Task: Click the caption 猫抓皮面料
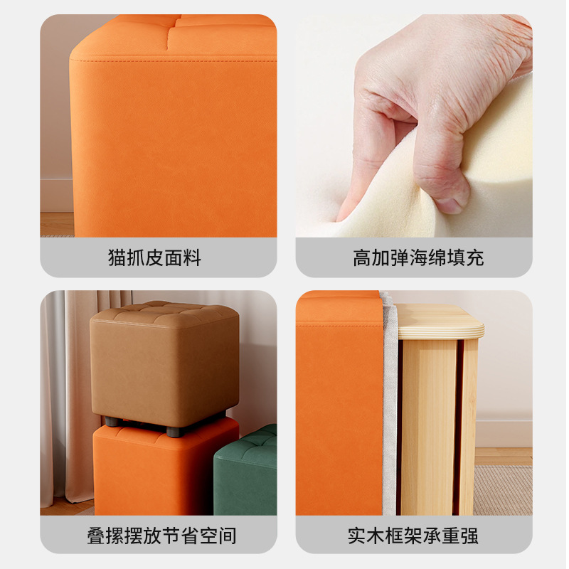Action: pos(155,257)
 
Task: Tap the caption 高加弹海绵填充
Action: pos(418,257)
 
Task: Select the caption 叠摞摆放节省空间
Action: pos(161,535)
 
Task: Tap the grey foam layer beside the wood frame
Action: pos(390,413)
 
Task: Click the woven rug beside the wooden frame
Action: pos(501,491)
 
